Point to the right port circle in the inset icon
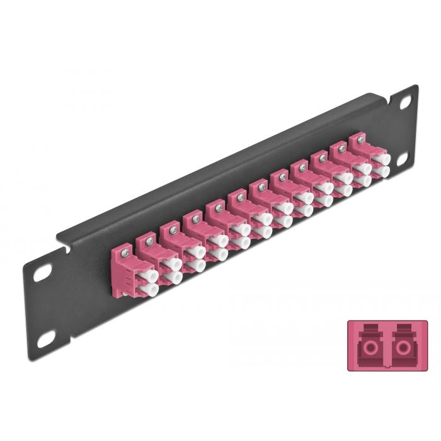[x=402, y=346]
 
